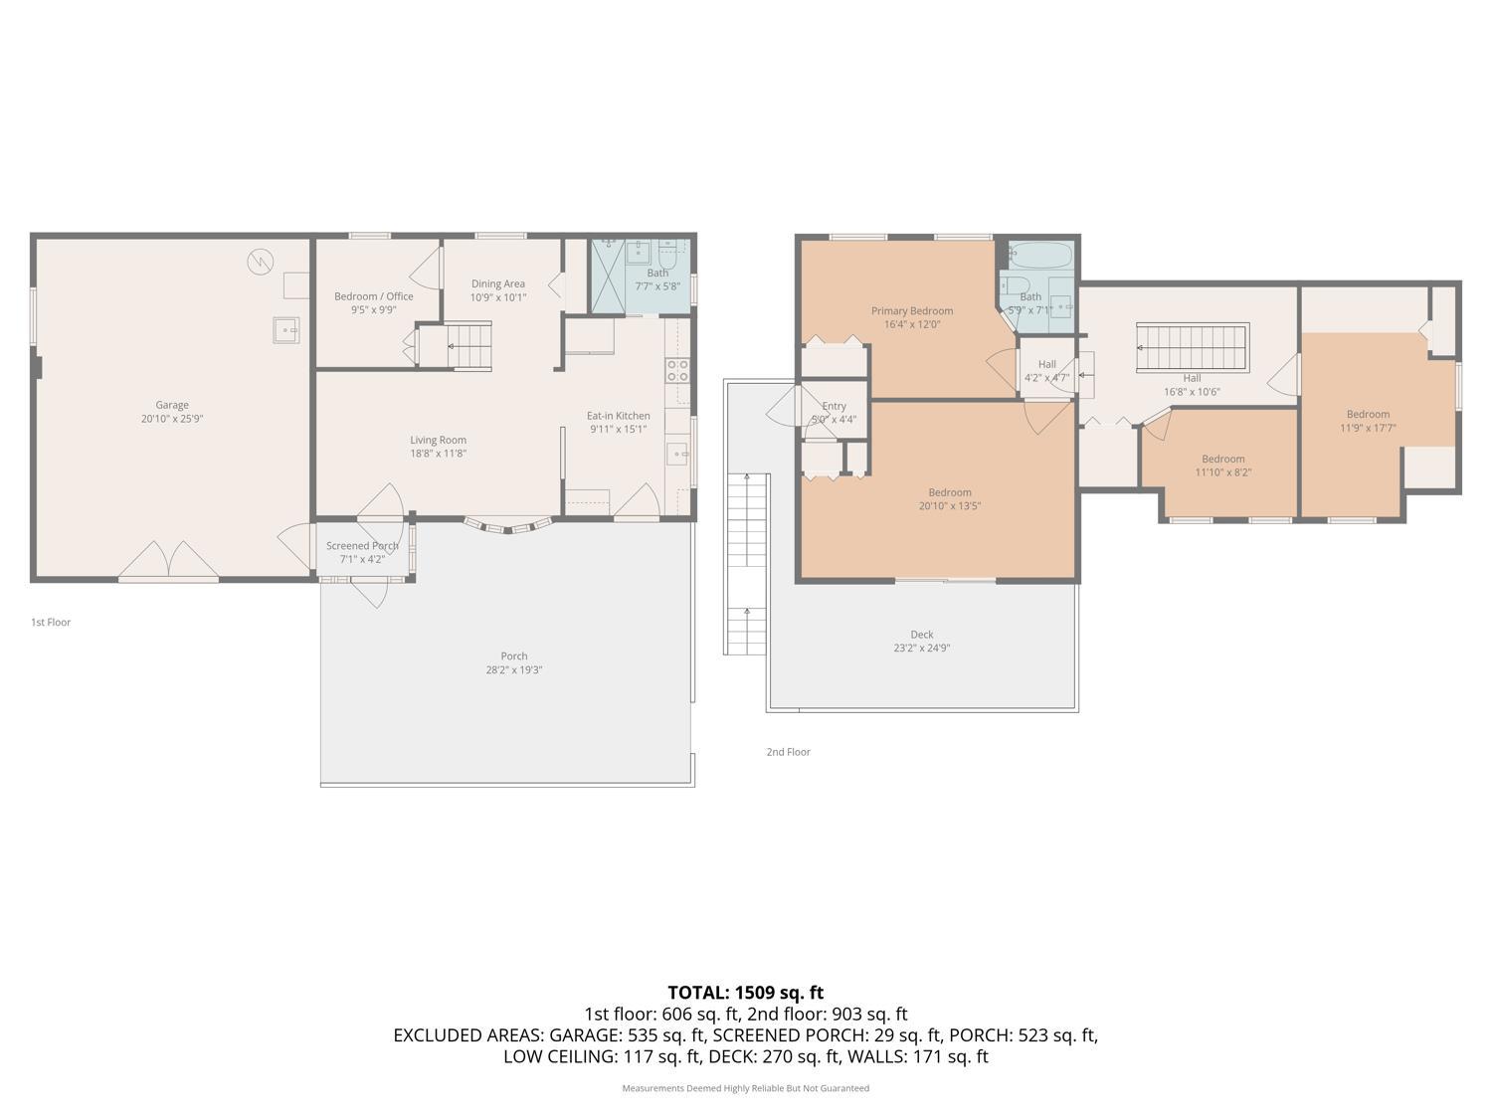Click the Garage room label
pos(172,405)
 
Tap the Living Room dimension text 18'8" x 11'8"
pos(438,454)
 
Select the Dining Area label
pos(498,284)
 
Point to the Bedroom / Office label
pos(374,296)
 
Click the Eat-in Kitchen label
pos(619,416)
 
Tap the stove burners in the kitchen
pos(677,371)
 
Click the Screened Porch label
pos(362,545)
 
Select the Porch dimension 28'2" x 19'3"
pos(514,669)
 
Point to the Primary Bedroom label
pos(912,311)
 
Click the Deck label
pos(922,635)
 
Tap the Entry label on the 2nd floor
pos(834,406)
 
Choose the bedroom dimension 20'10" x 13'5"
pos(950,506)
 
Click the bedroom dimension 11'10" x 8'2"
pos(1223,472)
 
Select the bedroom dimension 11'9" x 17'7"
pos(1369,428)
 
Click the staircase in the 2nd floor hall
pos(1193,348)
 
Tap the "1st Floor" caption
pos(51,623)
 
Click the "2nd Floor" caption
pos(789,752)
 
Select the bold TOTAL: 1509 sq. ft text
pos(746,993)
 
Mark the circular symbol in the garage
pos(260,262)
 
